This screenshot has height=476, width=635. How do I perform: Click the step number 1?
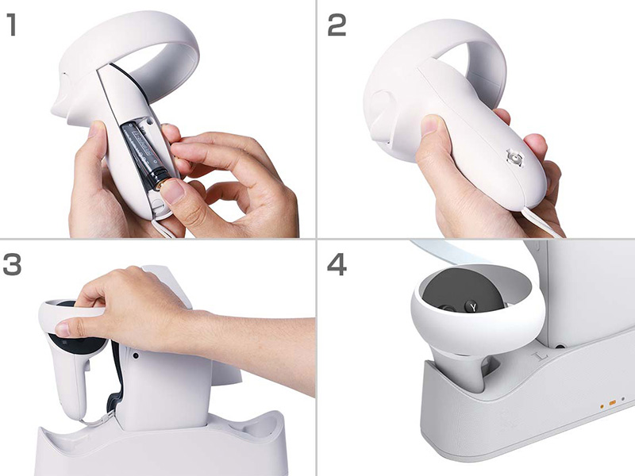click(12, 25)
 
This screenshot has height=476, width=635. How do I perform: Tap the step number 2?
click(337, 25)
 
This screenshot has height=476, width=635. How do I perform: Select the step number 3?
click(12, 265)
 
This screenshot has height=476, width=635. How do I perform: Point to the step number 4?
click(337, 265)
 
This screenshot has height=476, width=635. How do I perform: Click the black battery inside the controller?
click(146, 152)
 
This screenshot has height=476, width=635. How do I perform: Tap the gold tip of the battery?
click(162, 185)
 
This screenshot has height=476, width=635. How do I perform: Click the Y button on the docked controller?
click(473, 306)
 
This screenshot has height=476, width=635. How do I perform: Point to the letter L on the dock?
click(538, 356)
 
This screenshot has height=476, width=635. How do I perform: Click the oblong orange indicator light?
click(612, 402)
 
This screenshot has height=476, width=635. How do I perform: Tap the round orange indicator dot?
click(602, 405)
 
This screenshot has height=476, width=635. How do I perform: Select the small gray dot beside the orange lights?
click(623, 399)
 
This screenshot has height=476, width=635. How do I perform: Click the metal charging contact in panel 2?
click(514, 156)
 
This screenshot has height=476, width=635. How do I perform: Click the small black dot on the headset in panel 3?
click(135, 355)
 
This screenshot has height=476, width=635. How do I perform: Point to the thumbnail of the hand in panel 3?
click(63, 329)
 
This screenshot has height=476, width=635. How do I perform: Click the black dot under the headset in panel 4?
click(560, 347)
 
